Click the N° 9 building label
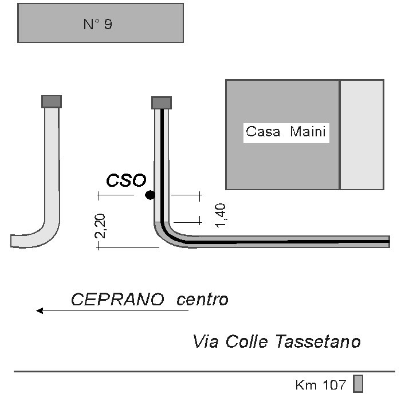(98, 24)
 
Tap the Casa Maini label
(286, 132)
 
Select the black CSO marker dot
(150, 195)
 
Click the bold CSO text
(126, 180)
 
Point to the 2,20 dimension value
(101, 226)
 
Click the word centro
(202, 300)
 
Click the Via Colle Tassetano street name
(277, 342)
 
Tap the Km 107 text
(320, 384)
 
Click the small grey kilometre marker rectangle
(358, 383)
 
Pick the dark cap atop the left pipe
(52, 101)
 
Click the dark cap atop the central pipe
(162, 103)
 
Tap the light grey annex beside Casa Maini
(362, 135)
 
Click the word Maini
(308, 132)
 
